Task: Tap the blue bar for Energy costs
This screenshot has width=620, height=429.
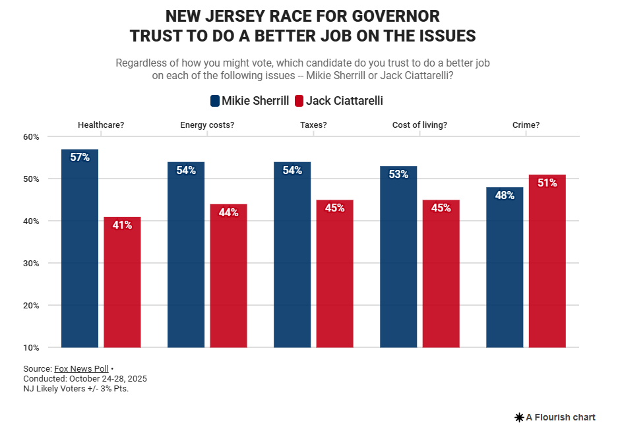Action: (x=186, y=264)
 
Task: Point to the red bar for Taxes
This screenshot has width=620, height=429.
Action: (x=334, y=277)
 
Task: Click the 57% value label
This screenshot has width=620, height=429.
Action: (x=80, y=157)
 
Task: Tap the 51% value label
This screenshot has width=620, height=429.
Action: (x=547, y=183)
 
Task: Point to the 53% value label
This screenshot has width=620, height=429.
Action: (x=398, y=175)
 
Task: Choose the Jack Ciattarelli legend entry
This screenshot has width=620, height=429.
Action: (x=338, y=101)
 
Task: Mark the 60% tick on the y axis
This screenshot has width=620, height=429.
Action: (x=32, y=137)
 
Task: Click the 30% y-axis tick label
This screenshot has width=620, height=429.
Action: (x=32, y=264)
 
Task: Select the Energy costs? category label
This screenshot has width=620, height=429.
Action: (x=207, y=125)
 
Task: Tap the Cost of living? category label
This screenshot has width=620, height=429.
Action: (x=419, y=125)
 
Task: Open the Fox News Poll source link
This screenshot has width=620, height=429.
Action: (x=81, y=369)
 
